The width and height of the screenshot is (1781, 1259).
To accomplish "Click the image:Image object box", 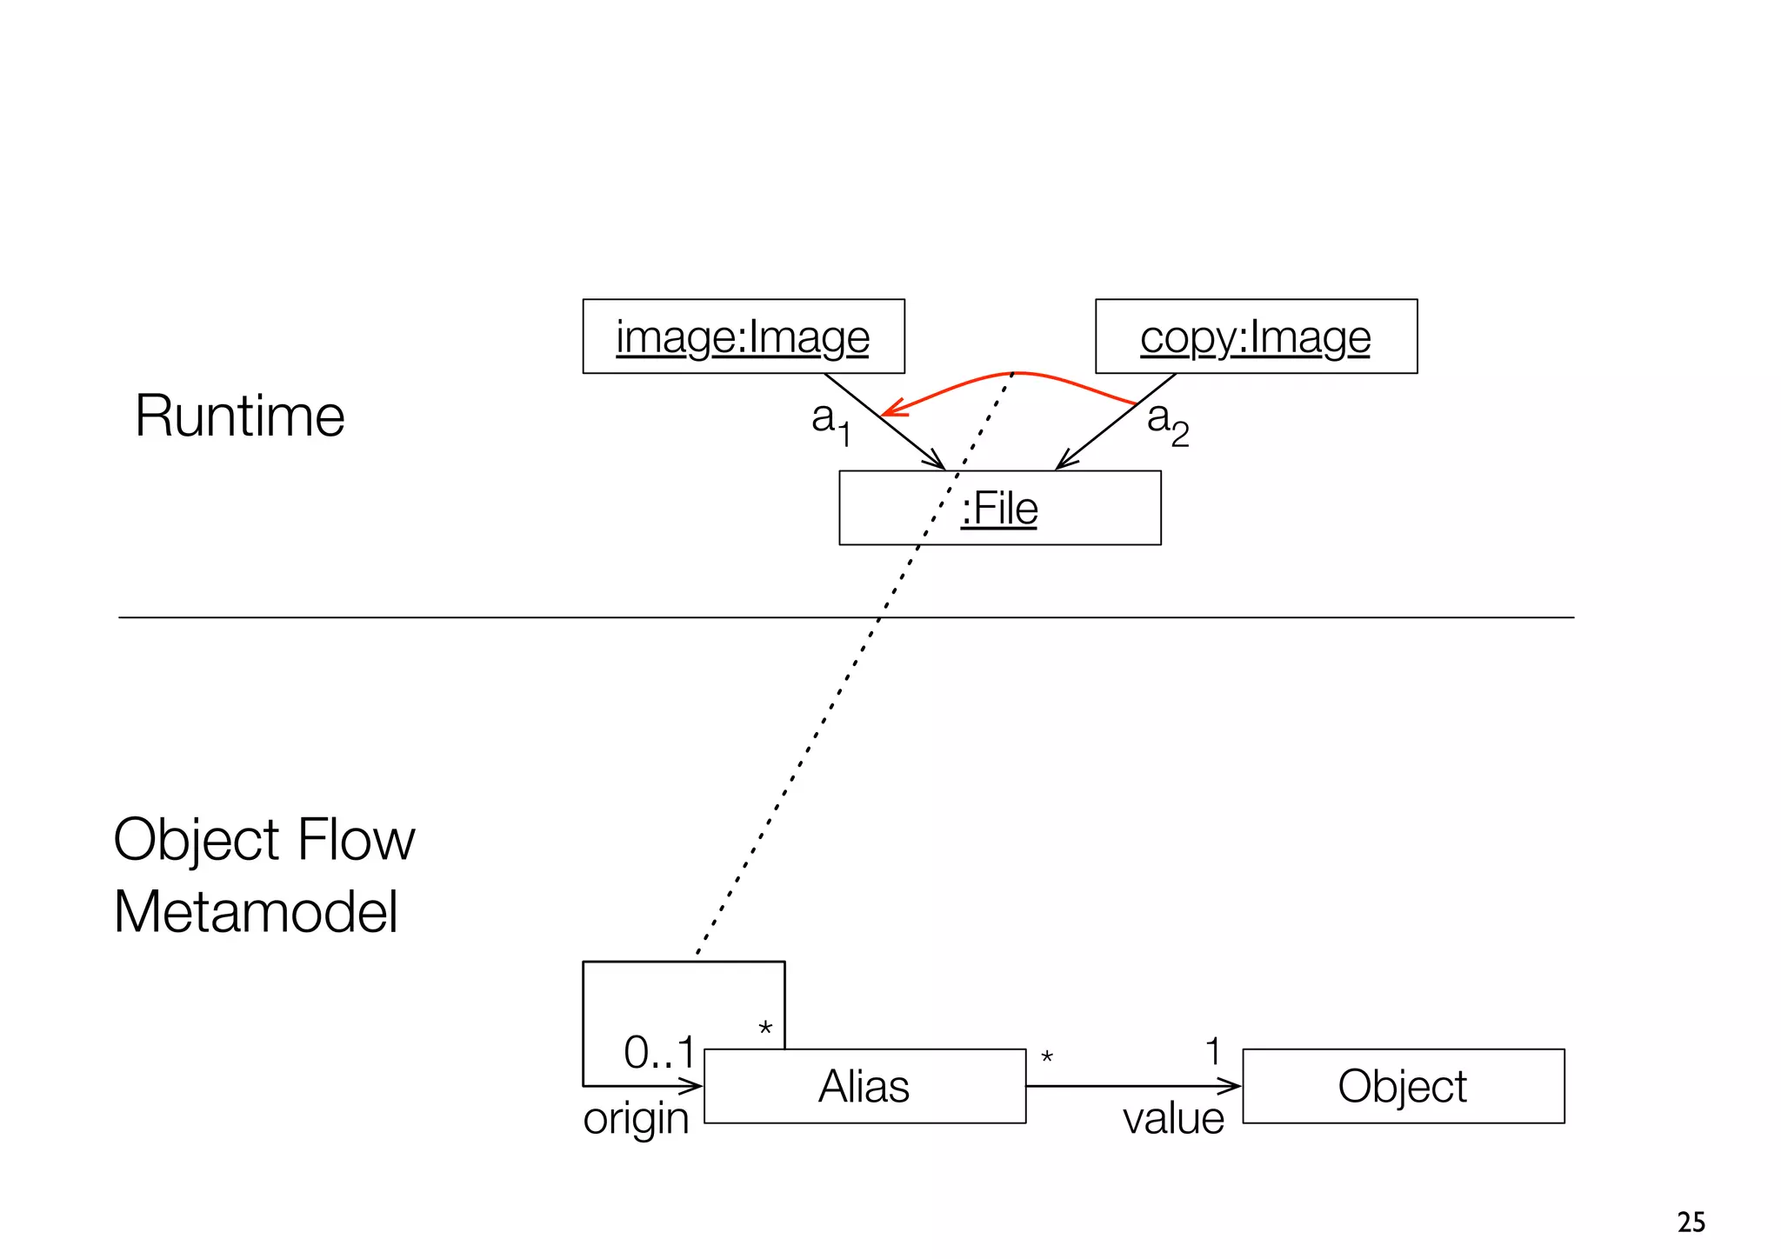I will (743, 336).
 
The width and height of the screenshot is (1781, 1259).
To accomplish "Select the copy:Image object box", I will (1256, 336).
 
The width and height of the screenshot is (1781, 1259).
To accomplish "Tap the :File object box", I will (999, 508).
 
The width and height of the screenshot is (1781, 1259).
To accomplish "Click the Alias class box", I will (864, 1086).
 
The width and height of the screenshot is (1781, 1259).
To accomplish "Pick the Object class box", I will (1403, 1086).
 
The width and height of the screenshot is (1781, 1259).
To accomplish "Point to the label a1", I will (830, 422).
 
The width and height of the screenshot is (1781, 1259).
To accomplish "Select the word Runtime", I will (240, 416).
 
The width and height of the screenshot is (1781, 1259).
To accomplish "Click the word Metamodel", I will (256, 912).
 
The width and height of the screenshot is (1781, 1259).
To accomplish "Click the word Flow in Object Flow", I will (356, 840).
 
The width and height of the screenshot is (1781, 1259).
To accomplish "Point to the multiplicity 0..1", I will (659, 1053).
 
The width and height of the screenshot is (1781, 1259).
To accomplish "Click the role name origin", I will (636, 1119).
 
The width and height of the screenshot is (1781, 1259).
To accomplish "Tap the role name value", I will (1173, 1118).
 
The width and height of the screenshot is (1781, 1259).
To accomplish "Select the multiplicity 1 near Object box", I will (1213, 1052).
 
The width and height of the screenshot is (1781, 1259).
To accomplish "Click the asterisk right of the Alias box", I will (1047, 1058).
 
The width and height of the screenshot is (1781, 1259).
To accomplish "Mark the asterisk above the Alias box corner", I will (765, 1029).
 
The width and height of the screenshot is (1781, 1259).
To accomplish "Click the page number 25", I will (1691, 1222).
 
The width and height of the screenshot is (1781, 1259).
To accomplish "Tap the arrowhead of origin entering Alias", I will (693, 1086).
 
